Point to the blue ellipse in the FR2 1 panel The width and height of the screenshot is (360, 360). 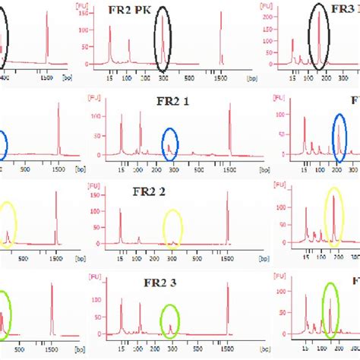(x=172, y=144)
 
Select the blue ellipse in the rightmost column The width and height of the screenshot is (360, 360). (x=341, y=135)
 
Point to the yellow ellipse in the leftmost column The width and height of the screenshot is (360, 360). (x=8, y=226)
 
